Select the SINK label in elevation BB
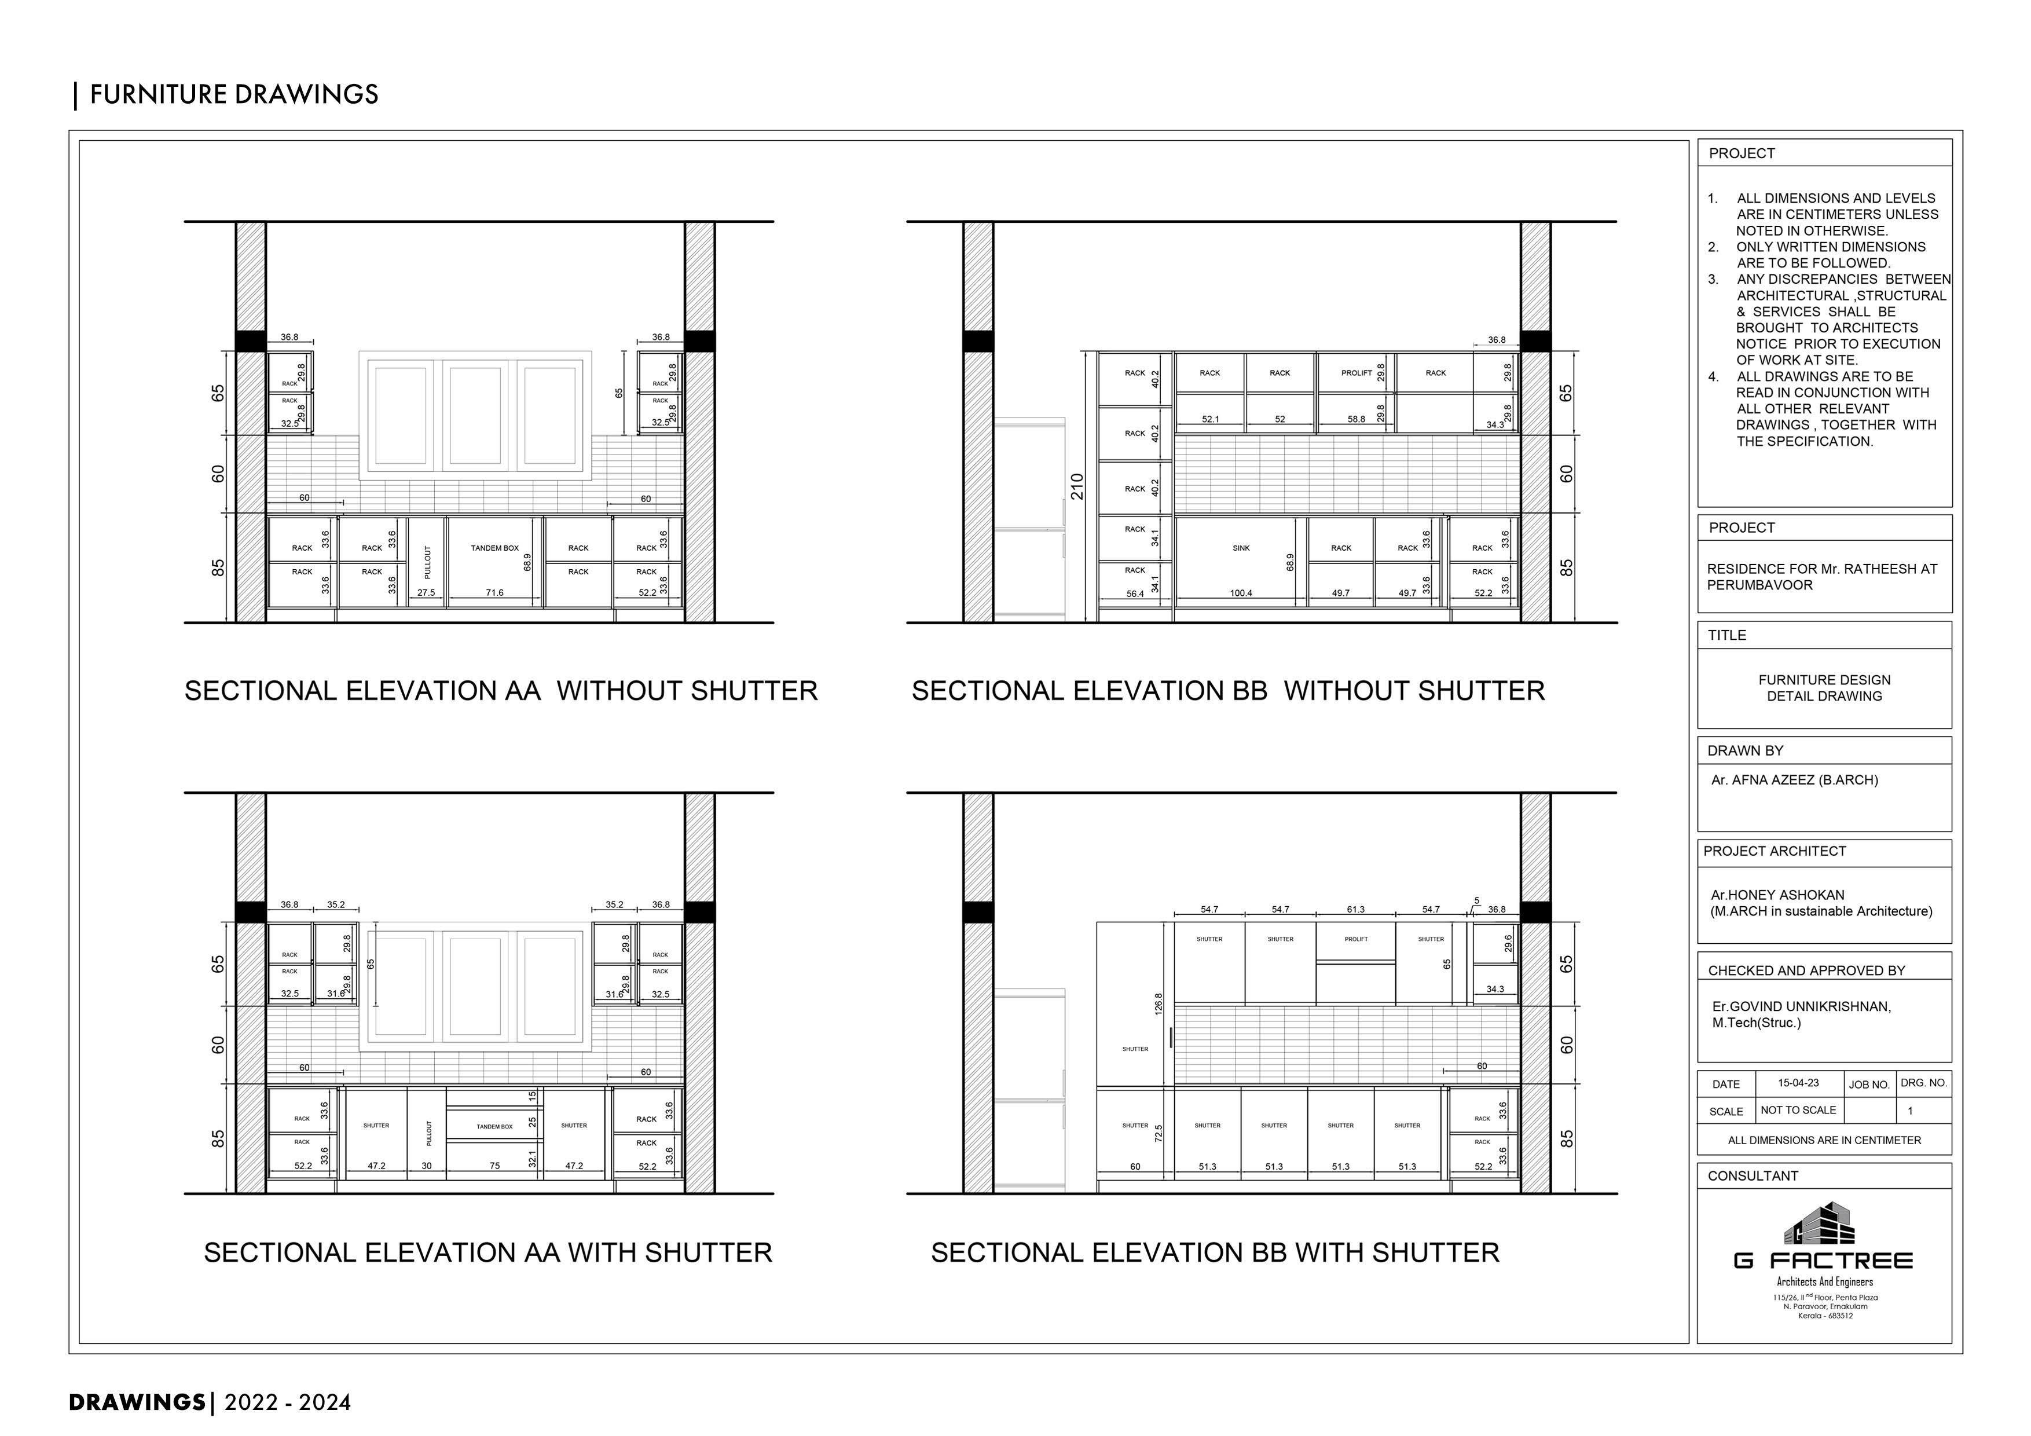[1241, 548]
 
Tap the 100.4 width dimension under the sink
[1241, 594]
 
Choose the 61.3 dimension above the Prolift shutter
[1355, 910]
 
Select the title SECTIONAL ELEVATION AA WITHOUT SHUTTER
[501, 691]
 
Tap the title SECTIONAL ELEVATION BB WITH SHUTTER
[1215, 1253]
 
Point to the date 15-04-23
[1798, 1083]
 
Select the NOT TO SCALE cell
[1798, 1111]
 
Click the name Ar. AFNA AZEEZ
[1794, 781]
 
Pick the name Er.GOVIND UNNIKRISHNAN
[1801, 1007]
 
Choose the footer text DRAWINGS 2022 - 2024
[211, 1402]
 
